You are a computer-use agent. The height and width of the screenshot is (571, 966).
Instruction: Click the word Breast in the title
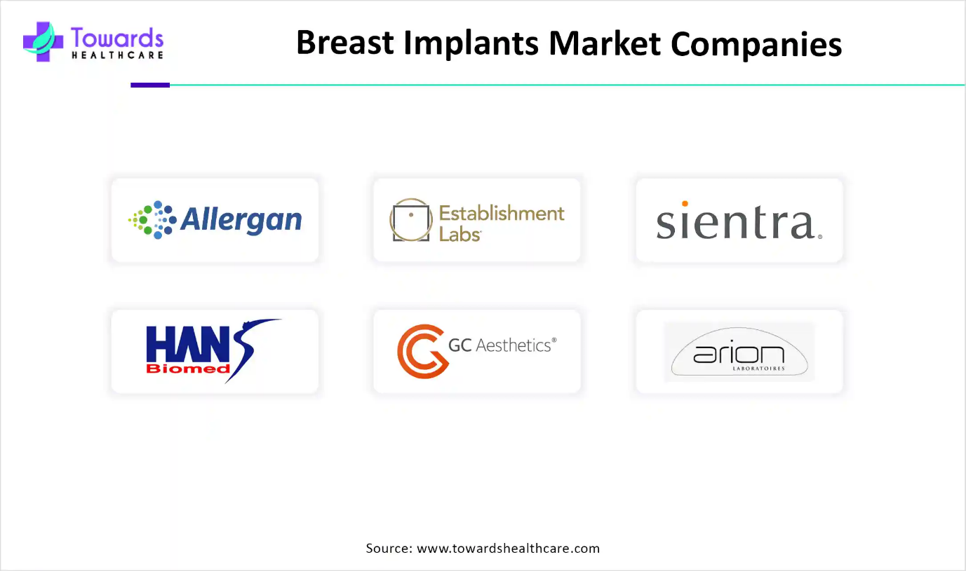[x=345, y=43]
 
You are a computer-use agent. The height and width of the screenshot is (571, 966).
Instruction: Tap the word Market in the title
[x=604, y=43]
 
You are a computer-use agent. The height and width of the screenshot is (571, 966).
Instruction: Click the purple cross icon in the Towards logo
[x=43, y=42]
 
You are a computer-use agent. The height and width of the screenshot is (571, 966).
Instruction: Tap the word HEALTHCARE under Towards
[x=117, y=55]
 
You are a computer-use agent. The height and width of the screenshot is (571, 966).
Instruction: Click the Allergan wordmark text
[x=241, y=220]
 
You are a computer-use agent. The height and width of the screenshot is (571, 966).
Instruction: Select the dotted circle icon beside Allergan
[x=152, y=219]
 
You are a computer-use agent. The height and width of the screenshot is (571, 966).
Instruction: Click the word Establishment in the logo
[x=502, y=213]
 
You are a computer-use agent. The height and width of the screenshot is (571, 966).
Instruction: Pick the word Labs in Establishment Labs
[x=459, y=235]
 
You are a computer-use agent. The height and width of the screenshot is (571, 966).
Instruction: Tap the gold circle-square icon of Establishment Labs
[x=411, y=219]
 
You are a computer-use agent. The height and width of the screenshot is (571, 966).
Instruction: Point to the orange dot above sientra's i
[x=685, y=204]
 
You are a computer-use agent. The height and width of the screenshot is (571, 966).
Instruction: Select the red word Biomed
[x=188, y=369]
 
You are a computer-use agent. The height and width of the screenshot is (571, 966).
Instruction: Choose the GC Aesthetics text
[x=502, y=345]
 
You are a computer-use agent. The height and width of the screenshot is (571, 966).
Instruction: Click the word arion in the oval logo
[x=739, y=355]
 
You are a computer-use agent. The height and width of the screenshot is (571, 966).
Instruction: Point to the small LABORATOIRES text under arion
[x=758, y=369]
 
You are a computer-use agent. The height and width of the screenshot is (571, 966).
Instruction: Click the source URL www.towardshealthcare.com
[x=508, y=548]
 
